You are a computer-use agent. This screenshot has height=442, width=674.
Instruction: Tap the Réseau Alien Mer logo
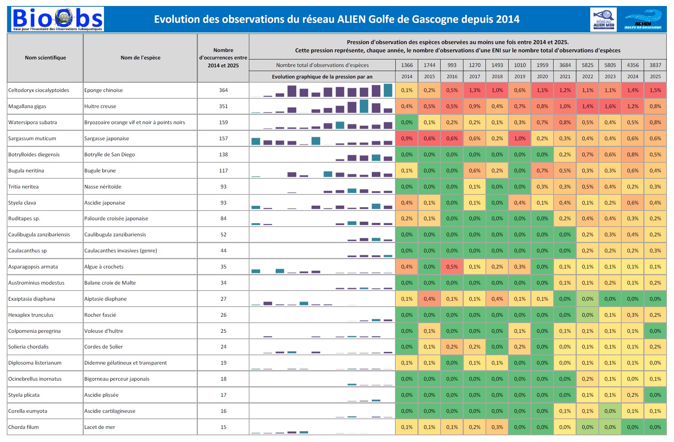coord(603,19)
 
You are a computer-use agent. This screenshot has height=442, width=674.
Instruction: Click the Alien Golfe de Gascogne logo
coord(643,19)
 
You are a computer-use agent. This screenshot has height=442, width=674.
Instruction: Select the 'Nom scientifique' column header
coord(45,58)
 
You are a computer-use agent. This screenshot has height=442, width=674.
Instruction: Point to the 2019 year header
coord(520,76)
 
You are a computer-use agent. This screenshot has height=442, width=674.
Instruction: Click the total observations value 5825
coord(587,65)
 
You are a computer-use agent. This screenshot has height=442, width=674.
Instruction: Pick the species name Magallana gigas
coord(27,106)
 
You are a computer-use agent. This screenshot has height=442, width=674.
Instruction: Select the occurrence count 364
coord(223,90)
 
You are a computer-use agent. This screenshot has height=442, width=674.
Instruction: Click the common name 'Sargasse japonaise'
coord(107,138)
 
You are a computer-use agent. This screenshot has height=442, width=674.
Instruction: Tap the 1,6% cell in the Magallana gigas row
coord(610,106)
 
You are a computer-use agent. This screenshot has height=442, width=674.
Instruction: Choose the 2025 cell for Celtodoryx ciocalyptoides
coord(655,90)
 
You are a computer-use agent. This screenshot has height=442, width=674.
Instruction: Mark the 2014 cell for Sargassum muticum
coord(407,138)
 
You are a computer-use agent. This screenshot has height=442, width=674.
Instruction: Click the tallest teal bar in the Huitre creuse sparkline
coord(364,106)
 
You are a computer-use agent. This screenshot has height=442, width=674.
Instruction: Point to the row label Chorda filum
coord(24,427)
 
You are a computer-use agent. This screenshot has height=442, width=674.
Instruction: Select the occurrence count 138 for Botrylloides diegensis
coord(223,154)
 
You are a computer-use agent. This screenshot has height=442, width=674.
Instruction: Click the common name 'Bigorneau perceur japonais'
coord(117,379)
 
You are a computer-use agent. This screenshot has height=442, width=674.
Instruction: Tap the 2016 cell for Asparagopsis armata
coord(452,267)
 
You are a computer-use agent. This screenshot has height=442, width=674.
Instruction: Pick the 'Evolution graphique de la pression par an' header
coord(322,77)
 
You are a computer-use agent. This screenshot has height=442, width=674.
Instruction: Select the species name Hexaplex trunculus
coord(31,315)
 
